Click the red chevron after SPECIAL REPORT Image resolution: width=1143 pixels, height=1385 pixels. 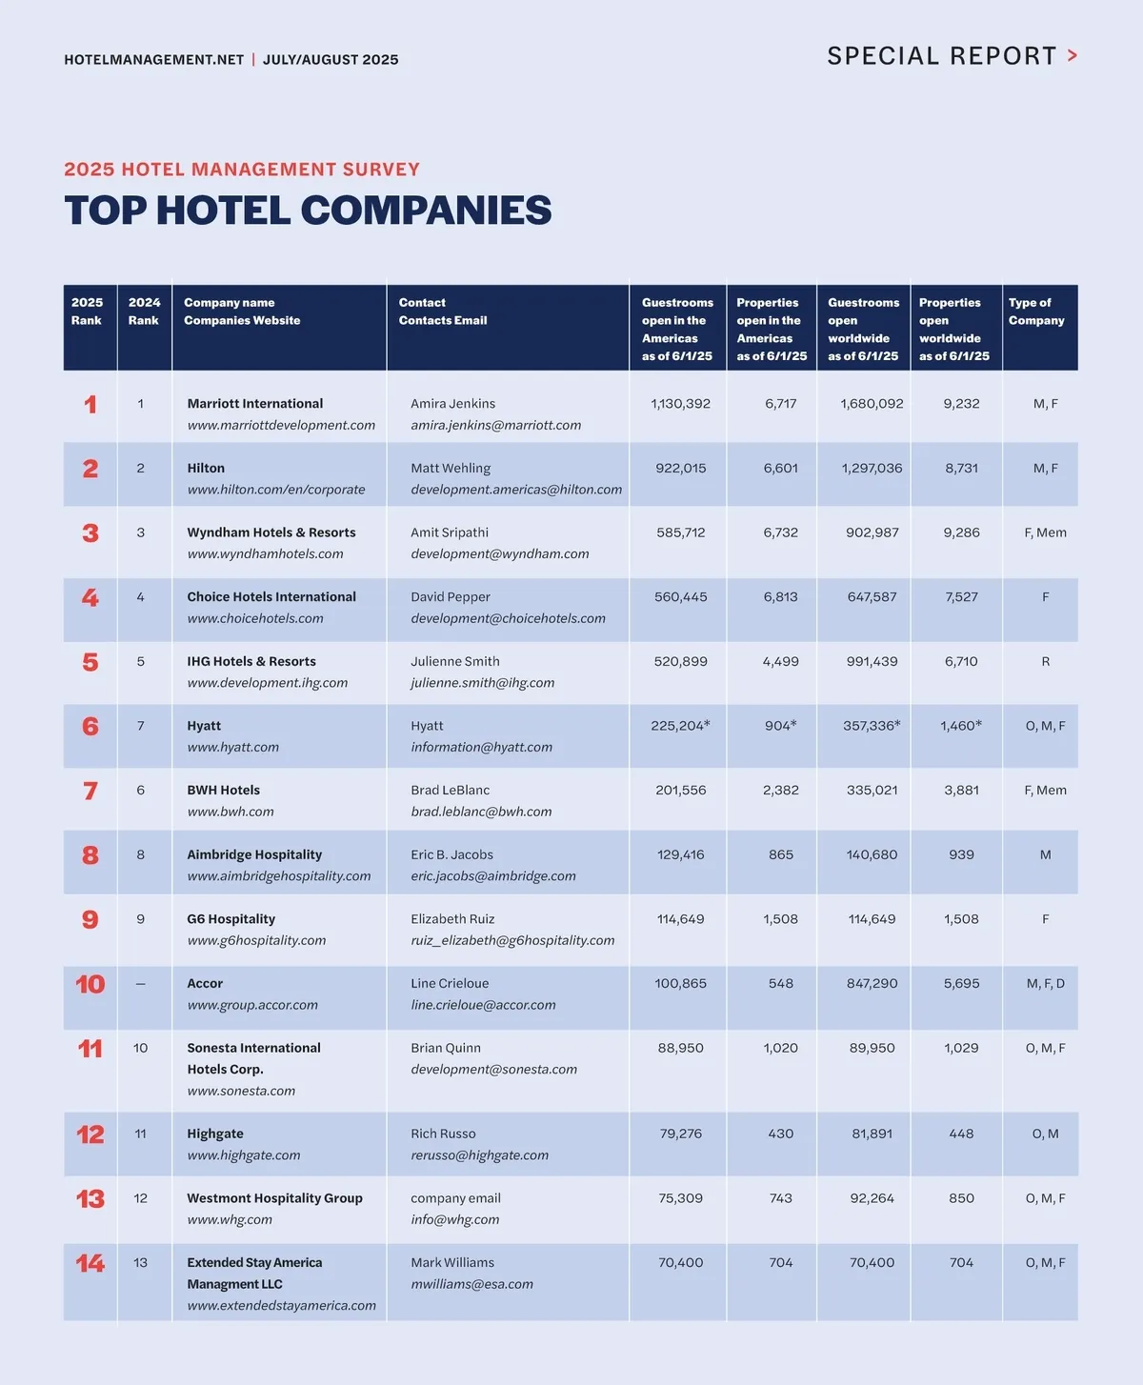pos(1073,56)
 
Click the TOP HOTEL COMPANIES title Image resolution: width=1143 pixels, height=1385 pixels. pos(308,211)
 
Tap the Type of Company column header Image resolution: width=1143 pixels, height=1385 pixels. pos(1036,311)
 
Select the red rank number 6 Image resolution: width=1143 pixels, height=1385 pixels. pos(90,727)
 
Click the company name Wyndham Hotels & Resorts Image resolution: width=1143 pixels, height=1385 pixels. pos(271,532)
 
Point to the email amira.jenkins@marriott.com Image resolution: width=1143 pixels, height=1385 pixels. pos(495,425)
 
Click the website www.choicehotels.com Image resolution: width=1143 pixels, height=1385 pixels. pos(255,618)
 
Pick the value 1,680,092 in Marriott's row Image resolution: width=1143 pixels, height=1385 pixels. pos(872,404)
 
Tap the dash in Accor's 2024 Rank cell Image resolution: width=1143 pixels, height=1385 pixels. pos(141,984)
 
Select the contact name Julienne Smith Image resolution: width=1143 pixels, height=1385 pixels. pos(455,661)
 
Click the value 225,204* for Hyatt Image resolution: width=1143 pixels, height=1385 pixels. pos(680,726)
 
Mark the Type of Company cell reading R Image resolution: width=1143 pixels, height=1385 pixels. pos(1045,661)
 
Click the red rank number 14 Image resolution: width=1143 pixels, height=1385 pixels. pos(90,1264)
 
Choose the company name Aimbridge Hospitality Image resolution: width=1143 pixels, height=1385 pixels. pos(254,854)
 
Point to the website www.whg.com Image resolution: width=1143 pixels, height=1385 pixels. pos(230,1219)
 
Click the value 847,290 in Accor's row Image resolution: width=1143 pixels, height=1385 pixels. pos(872,983)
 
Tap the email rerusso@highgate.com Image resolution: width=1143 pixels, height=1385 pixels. pos(479,1155)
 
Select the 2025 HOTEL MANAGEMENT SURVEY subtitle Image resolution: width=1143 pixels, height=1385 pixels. pos(242,170)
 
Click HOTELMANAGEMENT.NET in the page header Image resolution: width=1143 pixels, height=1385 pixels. pos(154,60)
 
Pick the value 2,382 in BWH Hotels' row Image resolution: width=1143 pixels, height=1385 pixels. pos(780,790)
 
